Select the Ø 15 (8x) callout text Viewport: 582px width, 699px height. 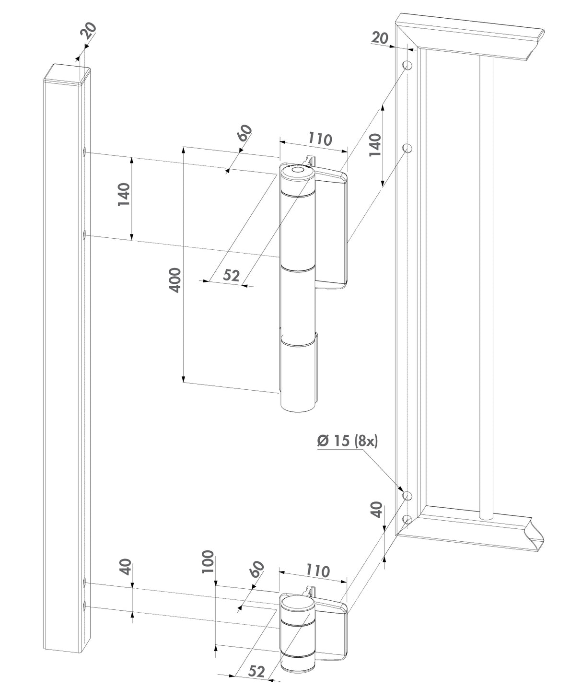coord(348,441)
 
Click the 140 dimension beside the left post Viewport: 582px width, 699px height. coord(124,194)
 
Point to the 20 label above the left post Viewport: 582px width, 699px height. coord(88,30)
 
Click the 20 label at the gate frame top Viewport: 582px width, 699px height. coord(380,37)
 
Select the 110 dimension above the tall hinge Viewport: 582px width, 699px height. coord(320,139)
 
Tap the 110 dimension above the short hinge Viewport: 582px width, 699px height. coord(318,571)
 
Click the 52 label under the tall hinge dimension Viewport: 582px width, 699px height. coord(232,275)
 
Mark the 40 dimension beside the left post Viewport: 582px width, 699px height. coord(125,567)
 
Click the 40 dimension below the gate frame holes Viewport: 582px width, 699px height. coord(377,509)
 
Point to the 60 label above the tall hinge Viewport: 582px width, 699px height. coord(244,132)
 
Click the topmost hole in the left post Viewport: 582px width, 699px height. coord(84,152)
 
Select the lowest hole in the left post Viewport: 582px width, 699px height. coord(84,606)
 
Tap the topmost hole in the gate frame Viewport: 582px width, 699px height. coord(407,65)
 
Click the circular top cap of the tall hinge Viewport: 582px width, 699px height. coord(297,171)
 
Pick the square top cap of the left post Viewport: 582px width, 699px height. coord(68,74)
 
